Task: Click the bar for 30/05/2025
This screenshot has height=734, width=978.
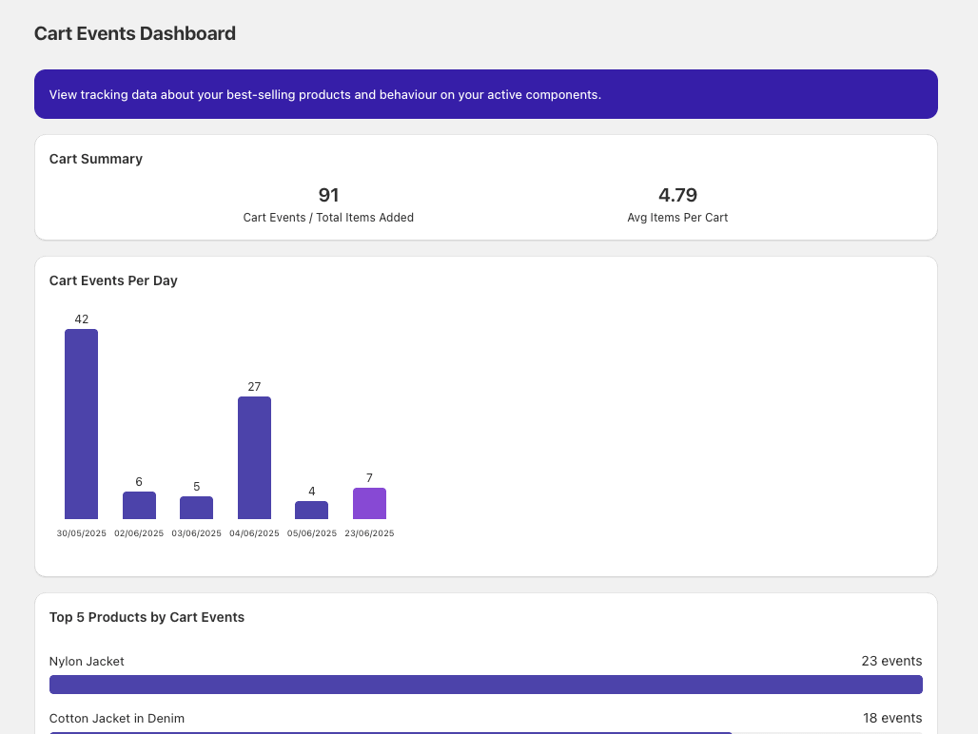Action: (81, 424)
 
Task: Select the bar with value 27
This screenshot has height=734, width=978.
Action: (254, 457)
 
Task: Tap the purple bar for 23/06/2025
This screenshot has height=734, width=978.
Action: (369, 503)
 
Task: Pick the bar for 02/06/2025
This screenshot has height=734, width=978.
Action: (139, 505)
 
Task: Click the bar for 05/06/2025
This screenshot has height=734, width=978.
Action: (311, 510)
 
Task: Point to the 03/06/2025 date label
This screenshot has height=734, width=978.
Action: (196, 533)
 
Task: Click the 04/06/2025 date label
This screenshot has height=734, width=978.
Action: (254, 533)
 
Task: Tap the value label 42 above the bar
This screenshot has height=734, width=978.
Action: (82, 319)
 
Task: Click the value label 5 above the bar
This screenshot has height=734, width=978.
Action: (197, 487)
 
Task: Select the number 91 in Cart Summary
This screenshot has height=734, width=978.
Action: (328, 195)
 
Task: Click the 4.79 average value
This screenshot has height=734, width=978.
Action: (677, 195)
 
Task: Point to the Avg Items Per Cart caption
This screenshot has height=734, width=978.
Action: (677, 218)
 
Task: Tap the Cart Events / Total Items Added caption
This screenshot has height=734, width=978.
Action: (328, 218)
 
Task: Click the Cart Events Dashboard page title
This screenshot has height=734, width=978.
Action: (135, 33)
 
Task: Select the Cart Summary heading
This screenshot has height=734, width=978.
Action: (96, 159)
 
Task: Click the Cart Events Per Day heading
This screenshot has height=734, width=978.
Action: (113, 280)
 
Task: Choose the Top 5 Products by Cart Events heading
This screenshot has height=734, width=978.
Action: (147, 617)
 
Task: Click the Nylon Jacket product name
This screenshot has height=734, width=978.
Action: (87, 661)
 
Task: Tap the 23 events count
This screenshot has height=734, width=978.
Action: (891, 661)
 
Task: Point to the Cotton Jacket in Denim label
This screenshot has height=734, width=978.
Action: (117, 718)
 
